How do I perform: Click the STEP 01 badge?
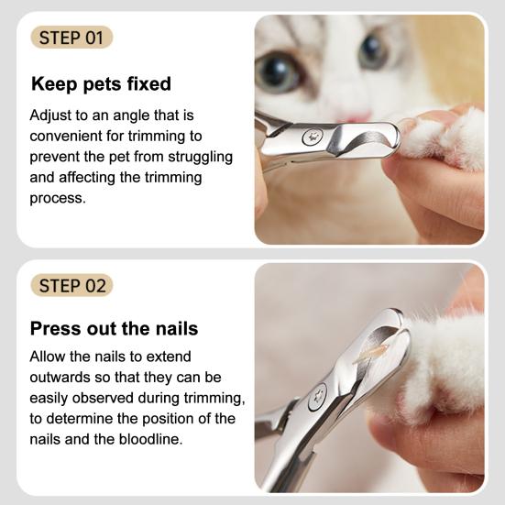(71, 38)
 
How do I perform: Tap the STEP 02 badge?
(71, 285)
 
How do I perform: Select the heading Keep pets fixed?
(101, 84)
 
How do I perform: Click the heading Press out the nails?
(114, 328)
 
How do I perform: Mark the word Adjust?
(51, 116)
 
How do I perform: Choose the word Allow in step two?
(49, 357)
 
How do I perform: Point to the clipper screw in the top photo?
(312, 137)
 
